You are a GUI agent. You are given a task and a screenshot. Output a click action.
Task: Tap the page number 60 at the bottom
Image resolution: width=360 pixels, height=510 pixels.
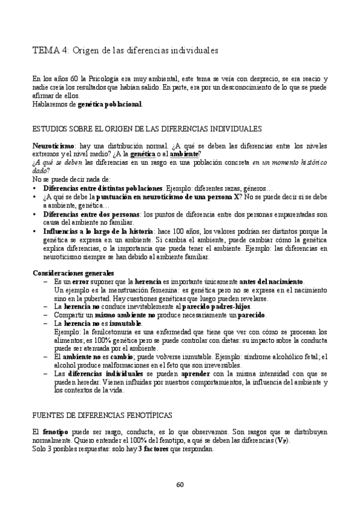180,485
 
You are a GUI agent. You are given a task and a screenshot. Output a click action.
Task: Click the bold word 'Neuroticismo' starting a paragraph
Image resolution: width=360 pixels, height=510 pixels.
53,146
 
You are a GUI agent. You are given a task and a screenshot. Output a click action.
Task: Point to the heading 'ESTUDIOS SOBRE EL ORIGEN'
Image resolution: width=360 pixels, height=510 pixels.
147,129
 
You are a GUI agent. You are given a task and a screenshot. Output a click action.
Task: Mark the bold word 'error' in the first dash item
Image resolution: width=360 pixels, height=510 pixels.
81,281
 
